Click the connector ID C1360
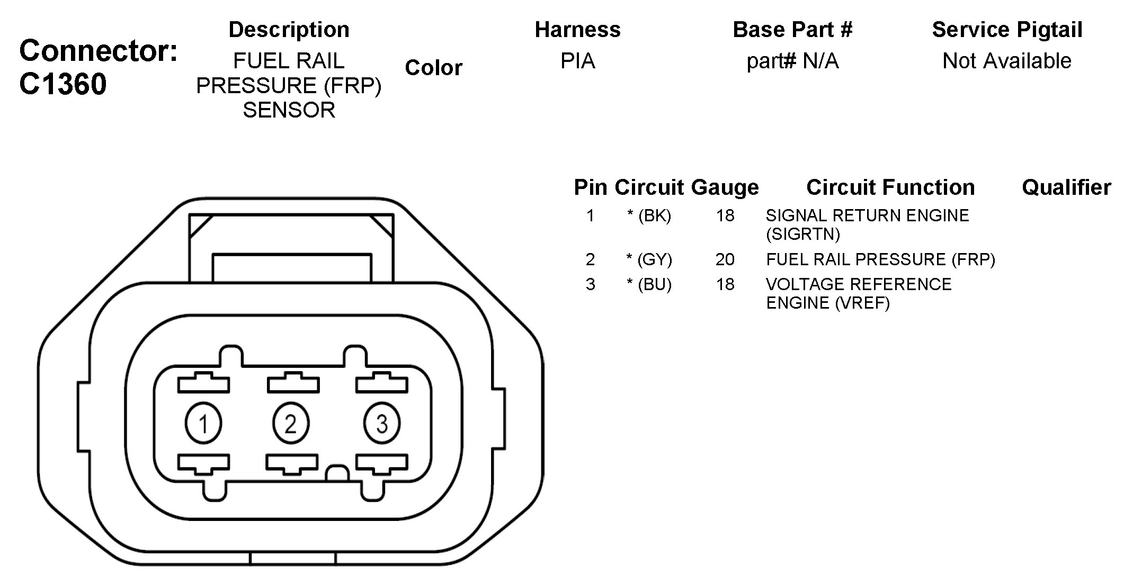click(x=63, y=84)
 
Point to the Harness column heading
click(x=577, y=30)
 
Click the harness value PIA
click(x=577, y=61)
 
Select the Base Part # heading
click(x=792, y=30)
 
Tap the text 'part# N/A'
click(x=792, y=61)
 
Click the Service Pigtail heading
click(x=1007, y=30)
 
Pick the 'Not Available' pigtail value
click(x=1007, y=61)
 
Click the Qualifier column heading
click(x=1066, y=187)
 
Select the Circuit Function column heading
click(x=890, y=187)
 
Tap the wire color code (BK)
click(x=655, y=215)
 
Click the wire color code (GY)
click(x=655, y=259)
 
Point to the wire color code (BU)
click(x=655, y=284)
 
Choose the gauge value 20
click(x=725, y=259)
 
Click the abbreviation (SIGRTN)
click(x=802, y=234)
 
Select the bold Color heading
click(x=433, y=68)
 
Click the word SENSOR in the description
click(x=289, y=110)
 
